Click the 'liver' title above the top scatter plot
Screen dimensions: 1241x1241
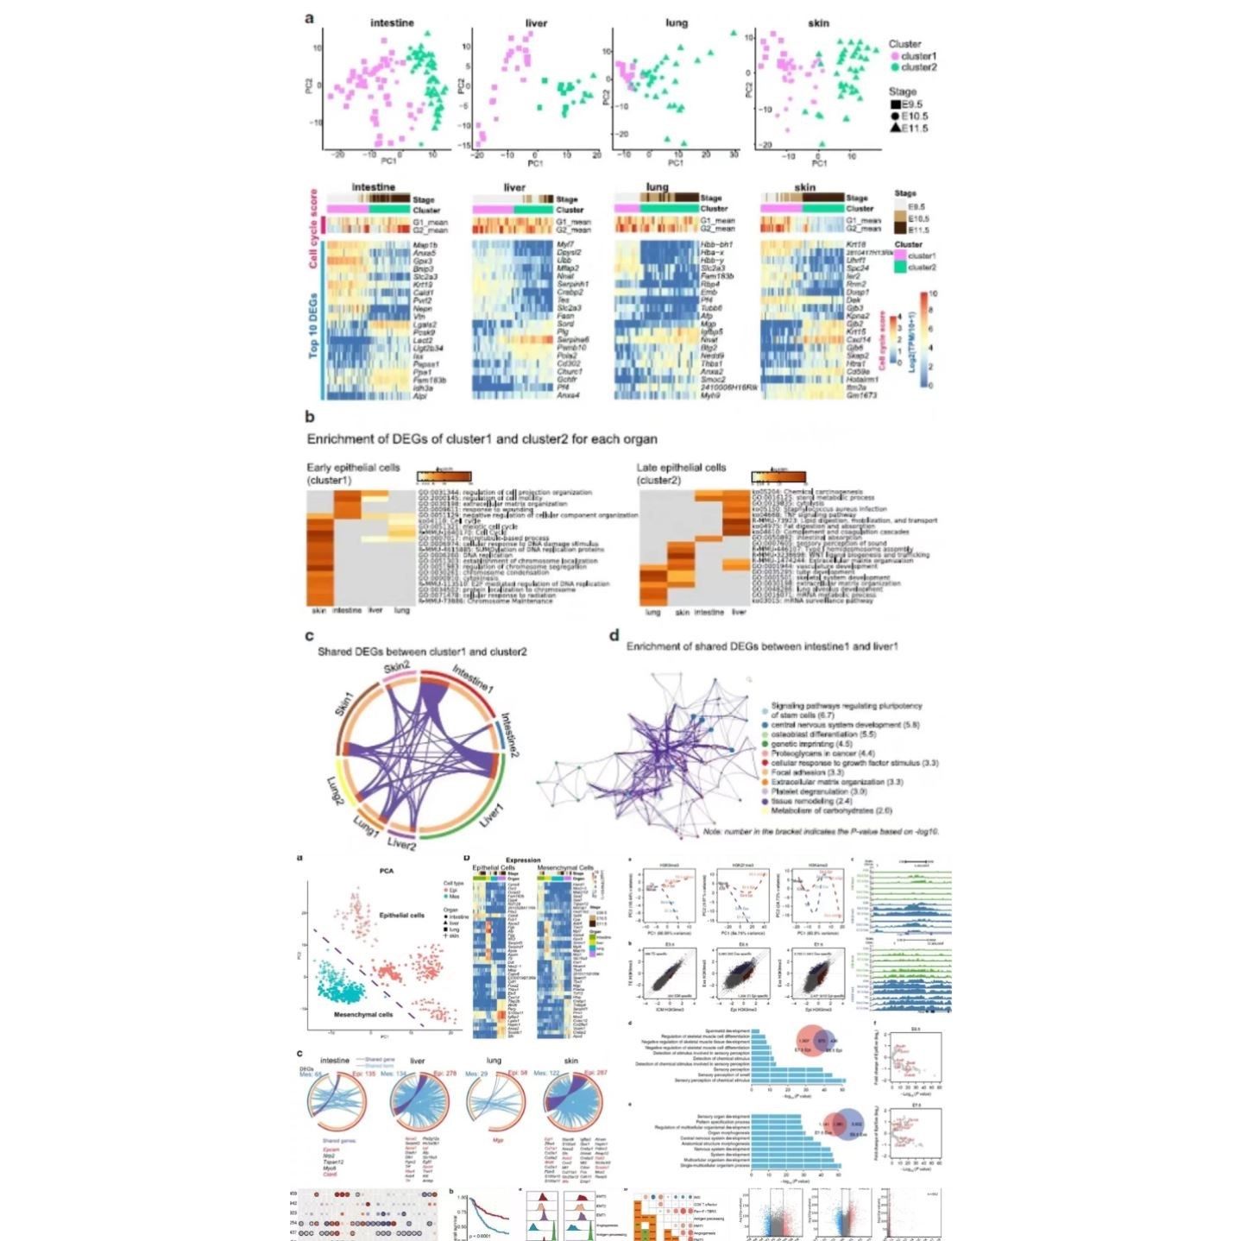click(536, 23)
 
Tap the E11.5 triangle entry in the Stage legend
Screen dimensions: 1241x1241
click(909, 129)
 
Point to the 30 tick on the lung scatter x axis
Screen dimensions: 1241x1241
click(734, 154)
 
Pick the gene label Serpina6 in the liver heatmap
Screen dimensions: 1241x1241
click(572, 340)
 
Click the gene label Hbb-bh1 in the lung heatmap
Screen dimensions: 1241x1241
click(716, 245)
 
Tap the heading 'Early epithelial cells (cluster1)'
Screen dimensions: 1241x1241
click(354, 473)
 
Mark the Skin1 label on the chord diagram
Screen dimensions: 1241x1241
click(343, 709)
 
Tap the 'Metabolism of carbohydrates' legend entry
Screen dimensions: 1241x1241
click(831, 810)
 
